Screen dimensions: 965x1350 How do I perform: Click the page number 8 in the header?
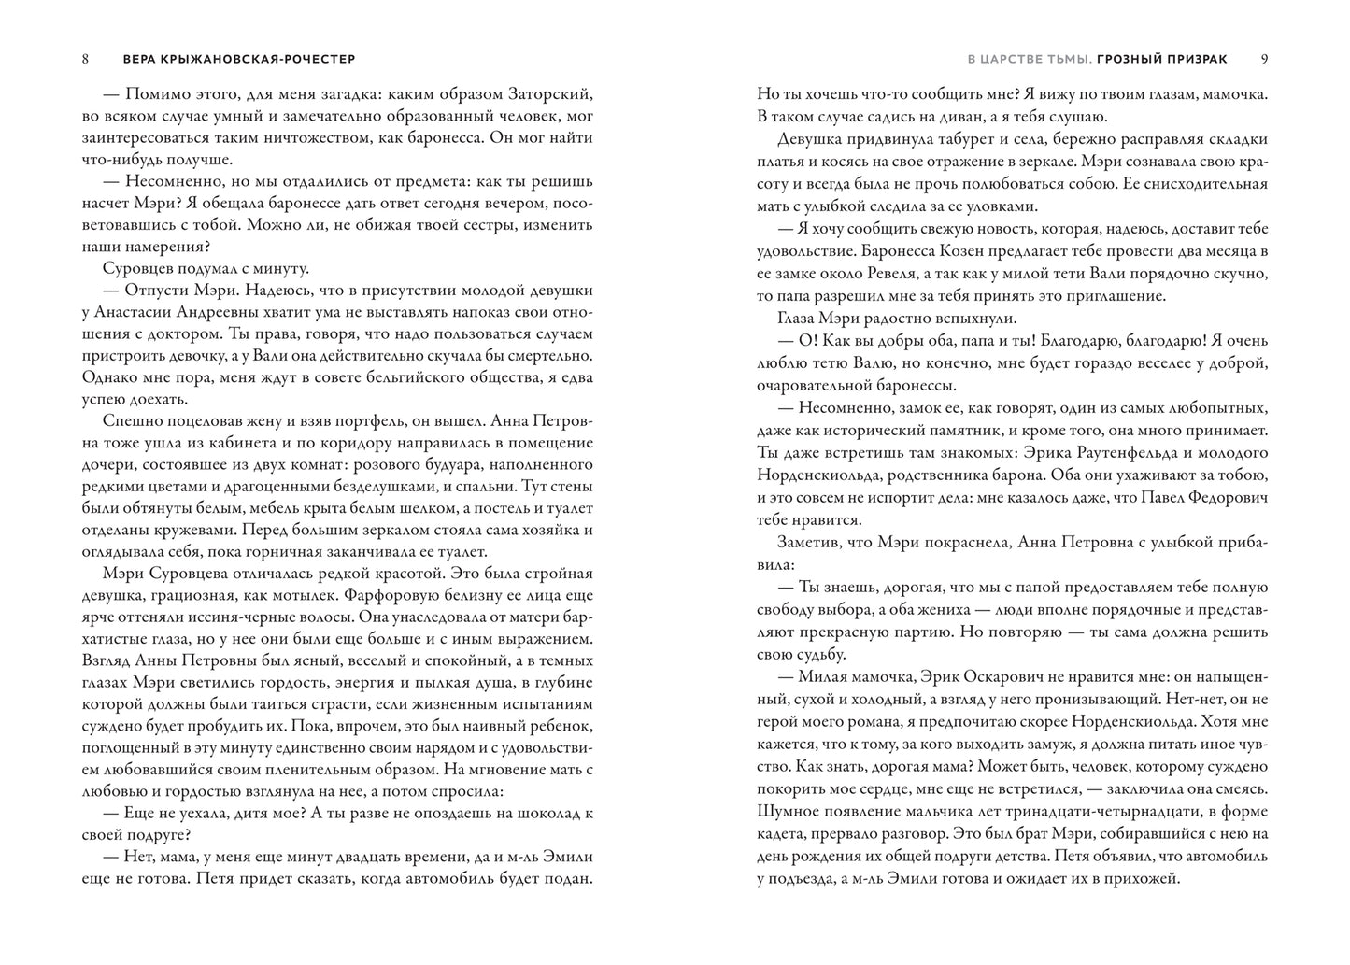(85, 59)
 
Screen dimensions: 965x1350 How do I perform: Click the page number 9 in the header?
(1264, 59)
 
